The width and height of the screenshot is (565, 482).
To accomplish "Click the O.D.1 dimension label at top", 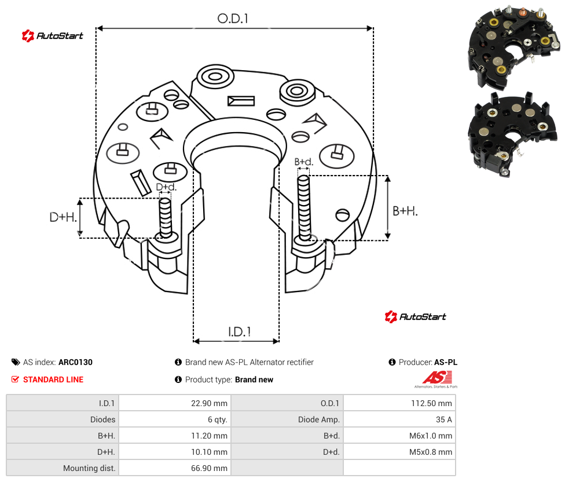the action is (233, 19).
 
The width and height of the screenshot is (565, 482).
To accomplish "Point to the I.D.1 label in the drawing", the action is (240, 332).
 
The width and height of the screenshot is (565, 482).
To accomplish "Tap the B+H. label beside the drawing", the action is (405, 211).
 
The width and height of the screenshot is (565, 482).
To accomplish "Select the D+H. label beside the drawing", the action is (63, 217).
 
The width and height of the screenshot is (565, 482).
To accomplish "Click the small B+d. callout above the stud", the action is (304, 162).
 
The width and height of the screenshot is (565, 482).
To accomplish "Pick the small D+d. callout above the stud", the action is (166, 187).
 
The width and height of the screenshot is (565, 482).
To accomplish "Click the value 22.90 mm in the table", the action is (209, 403).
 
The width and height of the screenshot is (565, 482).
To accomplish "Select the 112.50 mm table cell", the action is (431, 403).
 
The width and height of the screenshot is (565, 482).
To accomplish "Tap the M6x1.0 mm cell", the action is (431, 436).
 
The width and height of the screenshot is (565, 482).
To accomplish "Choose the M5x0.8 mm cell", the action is (431, 452).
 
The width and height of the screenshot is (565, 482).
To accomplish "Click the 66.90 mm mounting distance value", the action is (209, 468).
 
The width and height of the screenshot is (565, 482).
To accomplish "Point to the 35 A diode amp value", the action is (444, 419).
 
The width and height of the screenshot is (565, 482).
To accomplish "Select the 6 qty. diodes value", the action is (217, 419).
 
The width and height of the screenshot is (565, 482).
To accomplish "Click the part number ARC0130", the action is (75, 362).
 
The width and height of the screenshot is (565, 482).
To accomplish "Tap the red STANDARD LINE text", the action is (53, 379).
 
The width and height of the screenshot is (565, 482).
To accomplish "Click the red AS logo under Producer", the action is (436, 379).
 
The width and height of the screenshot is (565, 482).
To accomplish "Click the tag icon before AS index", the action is (16, 362).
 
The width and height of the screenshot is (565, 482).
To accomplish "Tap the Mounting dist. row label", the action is (89, 468).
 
